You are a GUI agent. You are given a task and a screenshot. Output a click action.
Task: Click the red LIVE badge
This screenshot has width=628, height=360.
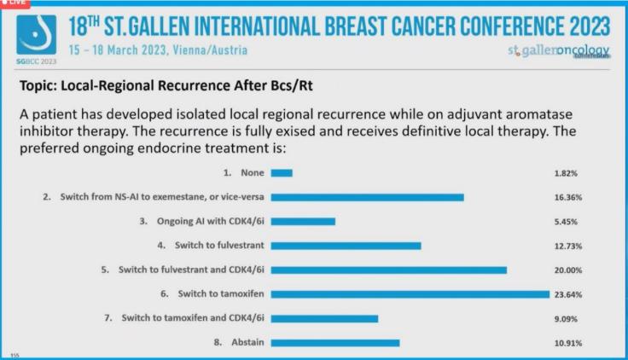pos(15,3)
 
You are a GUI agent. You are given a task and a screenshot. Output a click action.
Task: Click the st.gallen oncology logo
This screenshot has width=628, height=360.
pos(559,51)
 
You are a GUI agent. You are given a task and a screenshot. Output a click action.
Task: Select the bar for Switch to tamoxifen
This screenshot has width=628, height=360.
pos(410,294)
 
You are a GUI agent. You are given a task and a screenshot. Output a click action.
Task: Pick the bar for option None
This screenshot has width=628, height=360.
pos(282,172)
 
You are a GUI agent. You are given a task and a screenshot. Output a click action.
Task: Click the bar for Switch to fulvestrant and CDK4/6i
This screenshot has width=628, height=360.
pos(388,270)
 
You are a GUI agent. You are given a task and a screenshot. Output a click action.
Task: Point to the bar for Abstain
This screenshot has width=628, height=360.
pos(334,343)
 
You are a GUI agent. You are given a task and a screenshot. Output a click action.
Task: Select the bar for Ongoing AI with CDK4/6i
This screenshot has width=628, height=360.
pos(303,221)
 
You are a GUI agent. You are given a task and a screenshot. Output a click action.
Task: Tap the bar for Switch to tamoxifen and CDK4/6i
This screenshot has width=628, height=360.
pos(324,318)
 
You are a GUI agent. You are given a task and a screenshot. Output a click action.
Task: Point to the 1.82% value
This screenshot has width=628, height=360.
pos(566,172)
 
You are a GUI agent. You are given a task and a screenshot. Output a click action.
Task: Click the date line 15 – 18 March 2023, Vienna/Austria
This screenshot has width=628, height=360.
pos(159,50)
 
